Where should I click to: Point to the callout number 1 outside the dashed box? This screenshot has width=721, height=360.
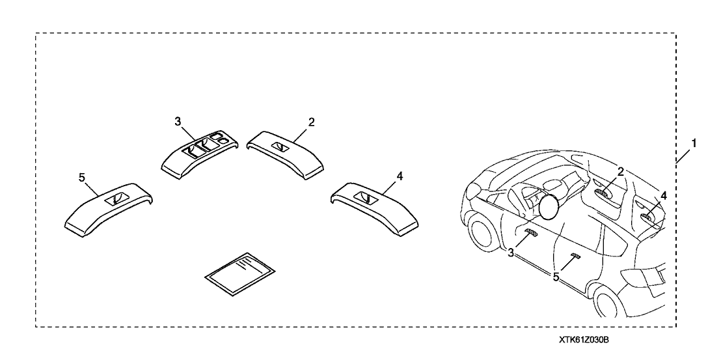pos(695,143)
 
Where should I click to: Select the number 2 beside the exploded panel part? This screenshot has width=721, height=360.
pos(312,122)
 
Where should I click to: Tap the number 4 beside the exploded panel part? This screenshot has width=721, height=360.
pos(399,176)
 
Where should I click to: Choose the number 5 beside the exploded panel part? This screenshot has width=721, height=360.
pos(82,176)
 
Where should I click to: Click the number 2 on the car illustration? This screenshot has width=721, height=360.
pos(621,171)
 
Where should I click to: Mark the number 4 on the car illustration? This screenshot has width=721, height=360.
pos(663,194)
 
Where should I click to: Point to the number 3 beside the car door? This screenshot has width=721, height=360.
pos(511,252)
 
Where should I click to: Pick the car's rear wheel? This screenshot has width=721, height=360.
pos(610,304)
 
